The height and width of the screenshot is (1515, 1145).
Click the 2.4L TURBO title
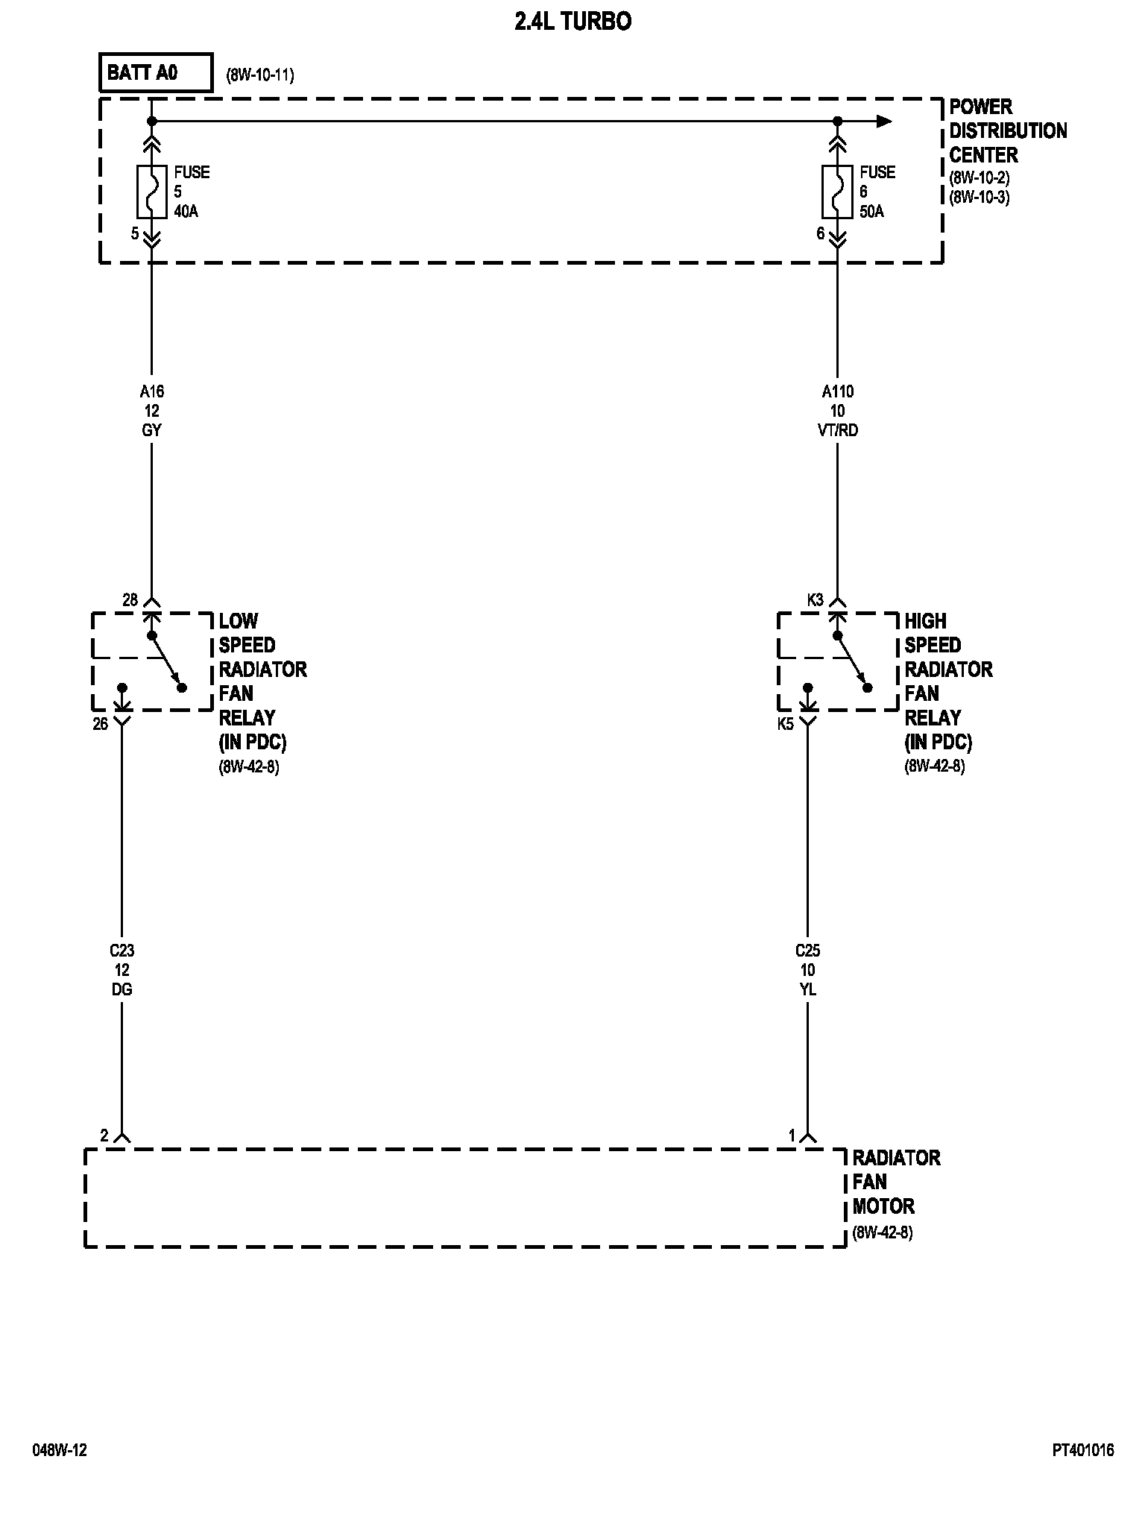(572, 22)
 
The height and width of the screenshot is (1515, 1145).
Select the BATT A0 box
(156, 73)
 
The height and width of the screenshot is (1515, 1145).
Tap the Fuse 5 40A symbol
(151, 192)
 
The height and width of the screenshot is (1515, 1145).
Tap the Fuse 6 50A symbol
(837, 192)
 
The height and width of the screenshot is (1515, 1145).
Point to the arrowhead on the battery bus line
(884, 121)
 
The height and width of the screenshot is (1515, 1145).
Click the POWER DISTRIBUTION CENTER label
(1007, 131)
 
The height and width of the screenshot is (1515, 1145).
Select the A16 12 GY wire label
(151, 411)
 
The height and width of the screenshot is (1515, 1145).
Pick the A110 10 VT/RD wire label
(838, 411)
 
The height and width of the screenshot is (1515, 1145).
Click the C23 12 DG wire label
(122, 970)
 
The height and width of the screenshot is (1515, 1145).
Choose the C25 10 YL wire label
(807, 970)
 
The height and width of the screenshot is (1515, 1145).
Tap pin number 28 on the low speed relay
(130, 600)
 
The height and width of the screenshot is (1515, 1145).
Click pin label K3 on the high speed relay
(815, 600)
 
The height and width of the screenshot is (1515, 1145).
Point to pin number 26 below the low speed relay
(100, 724)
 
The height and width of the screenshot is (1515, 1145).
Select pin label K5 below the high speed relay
(785, 724)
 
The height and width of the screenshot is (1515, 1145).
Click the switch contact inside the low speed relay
(166, 661)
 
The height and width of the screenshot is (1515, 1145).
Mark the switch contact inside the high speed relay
(852, 661)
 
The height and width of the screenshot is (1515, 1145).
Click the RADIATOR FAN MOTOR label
(896, 1182)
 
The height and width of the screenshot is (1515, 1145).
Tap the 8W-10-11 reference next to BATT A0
(260, 75)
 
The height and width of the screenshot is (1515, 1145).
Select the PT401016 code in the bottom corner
(1083, 1450)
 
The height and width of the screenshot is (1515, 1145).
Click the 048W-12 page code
(60, 1450)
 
